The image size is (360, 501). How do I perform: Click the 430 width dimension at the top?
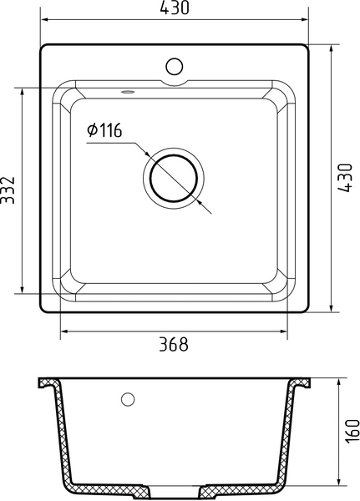[175, 8]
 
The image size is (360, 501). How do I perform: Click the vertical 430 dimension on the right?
[345, 178]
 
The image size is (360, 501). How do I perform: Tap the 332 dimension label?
[8, 190]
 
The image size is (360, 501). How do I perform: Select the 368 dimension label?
[174, 344]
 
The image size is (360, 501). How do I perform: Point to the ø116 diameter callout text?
[104, 130]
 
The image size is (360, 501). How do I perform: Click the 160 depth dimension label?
[352, 432]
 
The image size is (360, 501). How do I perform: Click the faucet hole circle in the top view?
[175, 67]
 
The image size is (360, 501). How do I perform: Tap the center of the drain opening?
[174, 179]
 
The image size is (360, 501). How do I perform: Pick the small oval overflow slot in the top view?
[128, 93]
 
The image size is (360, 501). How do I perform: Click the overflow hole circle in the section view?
[128, 399]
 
